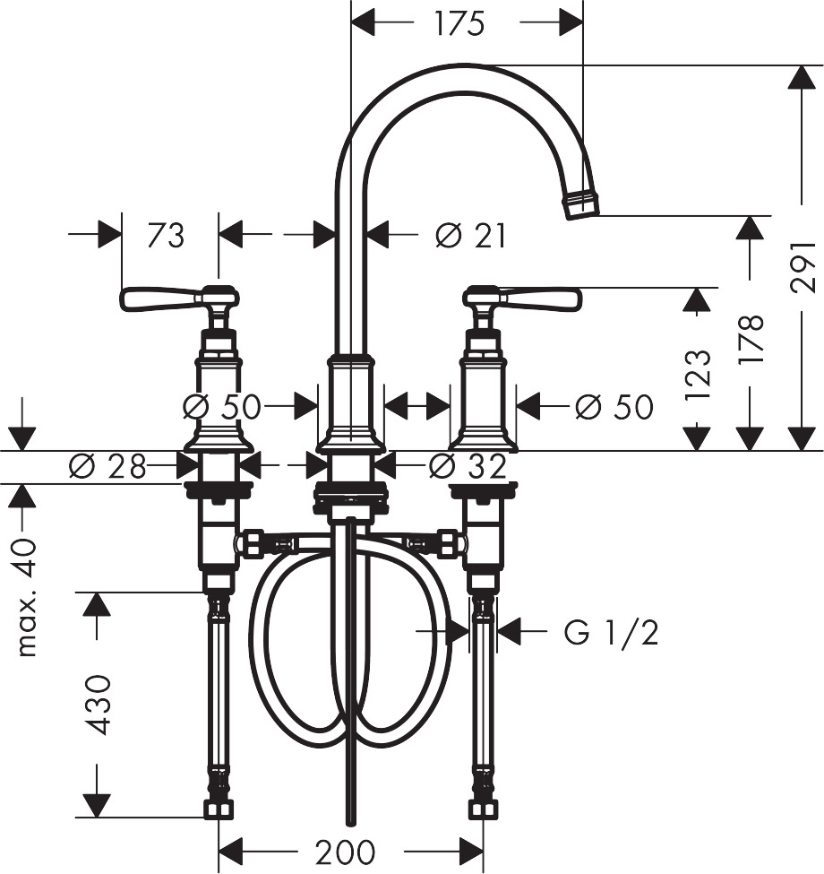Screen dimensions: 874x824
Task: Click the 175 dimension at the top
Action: pos(459,23)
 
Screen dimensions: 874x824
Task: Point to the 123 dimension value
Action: pos(700,373)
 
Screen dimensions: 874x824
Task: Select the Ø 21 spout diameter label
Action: pos(470,236)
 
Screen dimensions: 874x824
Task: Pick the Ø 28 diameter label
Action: pos(106,465)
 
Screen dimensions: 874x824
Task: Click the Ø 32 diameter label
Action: pos(467,465)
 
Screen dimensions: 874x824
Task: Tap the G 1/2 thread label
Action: pos(612,633)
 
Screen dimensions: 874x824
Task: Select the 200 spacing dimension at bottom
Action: pos(347,851)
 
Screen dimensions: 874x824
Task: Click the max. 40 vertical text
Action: pos(28,597)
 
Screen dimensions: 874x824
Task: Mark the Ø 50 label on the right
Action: pos(614,407)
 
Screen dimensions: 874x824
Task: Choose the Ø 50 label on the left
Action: pos(220,407)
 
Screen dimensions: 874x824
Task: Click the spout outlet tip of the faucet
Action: pos(581,202)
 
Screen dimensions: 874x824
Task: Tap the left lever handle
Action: pos(161,298)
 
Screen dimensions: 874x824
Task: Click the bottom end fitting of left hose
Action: pos(217,809)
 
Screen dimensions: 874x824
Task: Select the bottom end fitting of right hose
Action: pos(483,809)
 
